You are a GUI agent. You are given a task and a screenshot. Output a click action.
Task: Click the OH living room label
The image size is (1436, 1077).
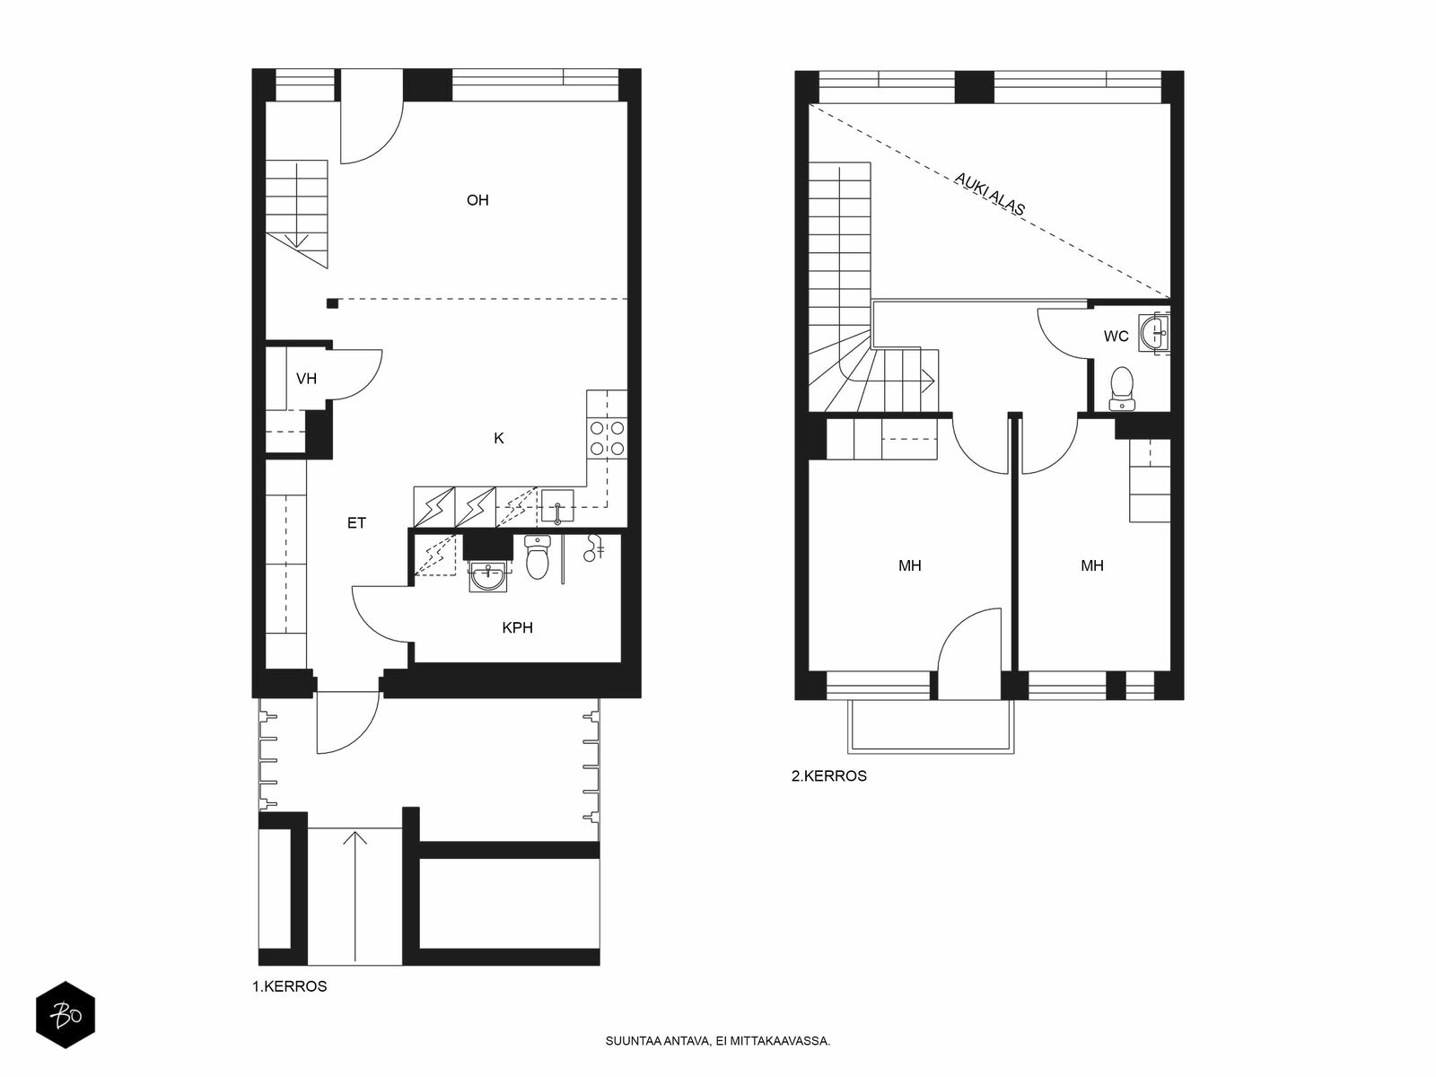pyautogui.click(x=477, y=200)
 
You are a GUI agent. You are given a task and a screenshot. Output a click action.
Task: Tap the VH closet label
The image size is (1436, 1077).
pyautogui.click(x=306, y=379)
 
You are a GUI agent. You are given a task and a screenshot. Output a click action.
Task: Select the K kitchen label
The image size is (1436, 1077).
pyautogui.click(x=498, y=439)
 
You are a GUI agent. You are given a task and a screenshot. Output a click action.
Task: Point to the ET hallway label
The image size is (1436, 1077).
pyautogui.click(x=356, y=523)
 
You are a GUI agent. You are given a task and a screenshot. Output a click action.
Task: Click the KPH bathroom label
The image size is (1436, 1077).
pyautogui.click(x=518, y=627)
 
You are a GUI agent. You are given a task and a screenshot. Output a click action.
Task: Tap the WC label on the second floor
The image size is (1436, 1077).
pyautogui.click(x=1116, y=336)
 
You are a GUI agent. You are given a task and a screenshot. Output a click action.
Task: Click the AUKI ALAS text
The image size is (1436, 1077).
pyautogui.click(x=989, y=194)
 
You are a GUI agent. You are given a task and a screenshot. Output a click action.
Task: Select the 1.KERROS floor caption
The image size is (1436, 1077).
pyautogui.click(x=290, y=986)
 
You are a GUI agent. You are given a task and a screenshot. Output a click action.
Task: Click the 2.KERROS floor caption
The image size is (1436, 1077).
pyautogui.click(x=829, y=776)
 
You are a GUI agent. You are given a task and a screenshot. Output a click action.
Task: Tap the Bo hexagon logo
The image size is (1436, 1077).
pyautogui.click(x=66, y=1015)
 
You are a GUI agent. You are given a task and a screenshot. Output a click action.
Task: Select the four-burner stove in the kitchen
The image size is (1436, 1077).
pyautogui.click(x=607, y=438)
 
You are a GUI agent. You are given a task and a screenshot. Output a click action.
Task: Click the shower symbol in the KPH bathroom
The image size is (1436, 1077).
pyautogui.click(x=594, y=547)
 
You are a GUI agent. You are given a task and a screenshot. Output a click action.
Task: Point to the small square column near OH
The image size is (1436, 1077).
pyautogui.click(x=332, y=303)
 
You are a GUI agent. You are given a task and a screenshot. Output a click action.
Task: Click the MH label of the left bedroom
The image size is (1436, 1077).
pyautogui.click(x=910, y=565)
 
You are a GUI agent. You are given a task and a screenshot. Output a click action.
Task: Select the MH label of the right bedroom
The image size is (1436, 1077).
pyautogui.click(x=1092, y=565)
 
